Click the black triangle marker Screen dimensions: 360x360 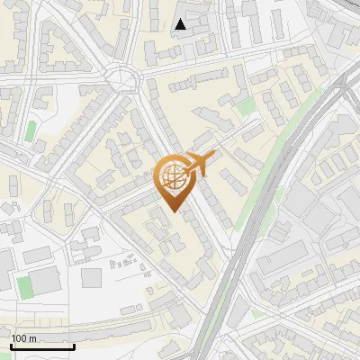point(181,24)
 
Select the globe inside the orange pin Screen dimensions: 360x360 point(171,177)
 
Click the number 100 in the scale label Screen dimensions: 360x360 point(21,338)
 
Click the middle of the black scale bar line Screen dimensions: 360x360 point(41,346)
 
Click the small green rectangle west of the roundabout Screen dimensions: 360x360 point(31,131)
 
